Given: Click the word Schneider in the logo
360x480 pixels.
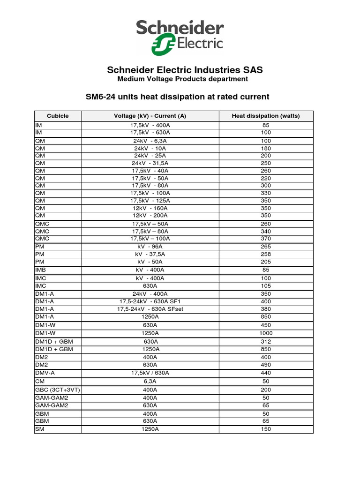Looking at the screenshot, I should [180, 29].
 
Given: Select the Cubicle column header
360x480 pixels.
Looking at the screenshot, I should [58, 116].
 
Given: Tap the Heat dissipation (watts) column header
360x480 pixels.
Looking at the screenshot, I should [266, 116].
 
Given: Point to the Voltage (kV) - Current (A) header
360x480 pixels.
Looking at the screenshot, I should [150, 116].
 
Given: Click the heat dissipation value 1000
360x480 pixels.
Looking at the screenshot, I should [266, 333].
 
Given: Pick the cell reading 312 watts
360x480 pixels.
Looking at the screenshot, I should [266, 342].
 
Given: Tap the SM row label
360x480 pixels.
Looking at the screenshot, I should [39, 429].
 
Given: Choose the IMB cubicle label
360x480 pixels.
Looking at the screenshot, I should [40, 270].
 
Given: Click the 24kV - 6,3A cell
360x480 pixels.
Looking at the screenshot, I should [150, 141].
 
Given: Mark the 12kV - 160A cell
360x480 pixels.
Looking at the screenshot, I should [150, 208].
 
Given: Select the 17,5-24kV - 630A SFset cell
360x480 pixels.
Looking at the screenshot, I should [150, 309].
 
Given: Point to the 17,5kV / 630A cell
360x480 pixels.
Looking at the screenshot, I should [150, 373].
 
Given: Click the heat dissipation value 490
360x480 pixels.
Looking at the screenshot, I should [266, 365].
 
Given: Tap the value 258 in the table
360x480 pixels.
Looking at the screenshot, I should [266, 254].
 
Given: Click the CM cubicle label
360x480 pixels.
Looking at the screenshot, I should [39, 382].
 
